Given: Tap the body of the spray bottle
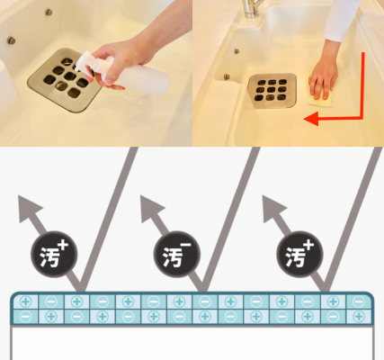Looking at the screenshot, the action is click(x=137, y=76).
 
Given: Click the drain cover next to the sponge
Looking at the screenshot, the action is click(x=272, y=90).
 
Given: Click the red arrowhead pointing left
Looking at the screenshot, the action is click(x=311, y=119).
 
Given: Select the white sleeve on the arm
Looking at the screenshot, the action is click(x=342, y=20).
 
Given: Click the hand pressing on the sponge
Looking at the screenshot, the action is click(x=323, y=77).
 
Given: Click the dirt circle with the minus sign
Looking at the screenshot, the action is click(x=177, y=254).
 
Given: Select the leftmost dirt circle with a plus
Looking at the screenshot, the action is click(x=54, y=254).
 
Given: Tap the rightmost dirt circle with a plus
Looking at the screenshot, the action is click(x=299, y=254).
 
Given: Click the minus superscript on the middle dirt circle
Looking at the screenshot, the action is click(x=186, y=245).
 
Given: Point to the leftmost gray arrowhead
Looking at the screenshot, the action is click(x=29, y=208).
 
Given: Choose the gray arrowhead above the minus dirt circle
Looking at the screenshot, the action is click(x=151, y=208).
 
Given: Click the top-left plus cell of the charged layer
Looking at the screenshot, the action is click(x=25, y=301).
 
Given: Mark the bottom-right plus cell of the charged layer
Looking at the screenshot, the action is click(x=359, y=317).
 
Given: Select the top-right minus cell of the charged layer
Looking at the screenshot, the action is click(x=359, y=301).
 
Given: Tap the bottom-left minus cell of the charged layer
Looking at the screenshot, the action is click(x=25, y=317).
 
